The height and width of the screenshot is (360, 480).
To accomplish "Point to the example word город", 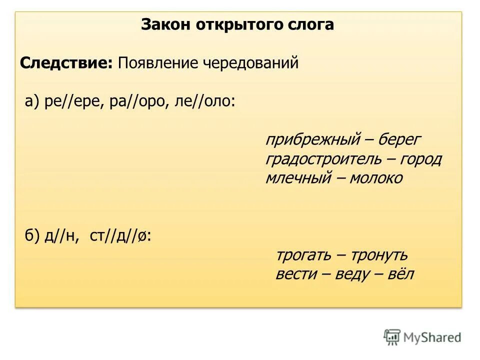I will pyautogui.click(x=420, y=159).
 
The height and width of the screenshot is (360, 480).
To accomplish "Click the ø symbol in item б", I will pyautogui.click(x=142, y=237).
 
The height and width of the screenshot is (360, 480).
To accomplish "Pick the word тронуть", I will pyautogui.click(x=379, y=255).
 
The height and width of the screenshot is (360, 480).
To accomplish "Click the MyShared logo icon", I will pyautogui.click(x=392, y=337).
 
